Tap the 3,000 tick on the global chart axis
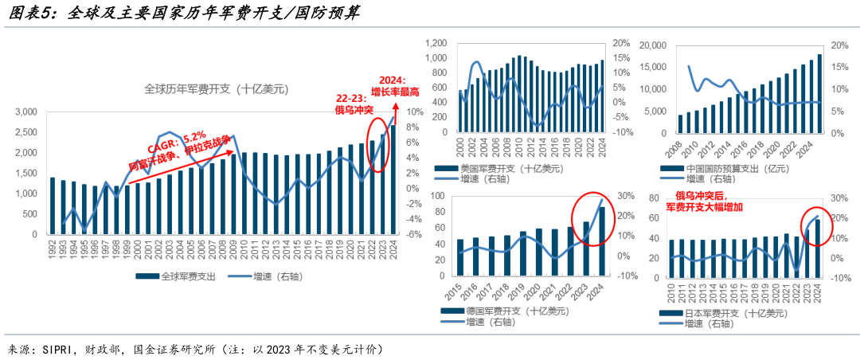click(25, 112)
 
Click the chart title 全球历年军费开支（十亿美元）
click(215, 88)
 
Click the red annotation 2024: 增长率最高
click(392, 85)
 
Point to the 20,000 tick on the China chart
click(654, 45)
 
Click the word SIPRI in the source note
click(59, 349)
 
